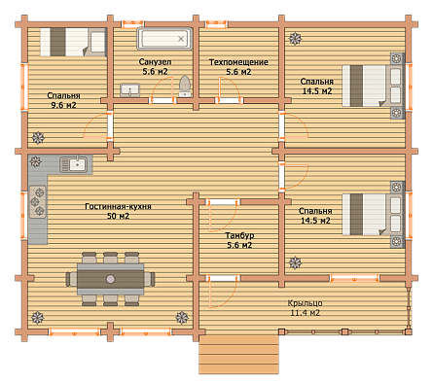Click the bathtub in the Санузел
[x=164, y=39]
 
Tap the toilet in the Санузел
[x=185, y=86]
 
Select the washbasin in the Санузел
[x=130, y=89]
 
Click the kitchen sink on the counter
[x=74, y=164]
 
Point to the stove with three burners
[x=38, y=202]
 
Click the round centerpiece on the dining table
[x=111, y=279]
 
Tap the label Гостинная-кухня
[x=118, y=206]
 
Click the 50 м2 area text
[x=118, y=216]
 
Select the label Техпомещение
[x=238, y=62]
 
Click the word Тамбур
[x=239, y=235]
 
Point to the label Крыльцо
[x=305, y=303]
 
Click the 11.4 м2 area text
[x=305, y=313]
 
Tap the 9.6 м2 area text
[x=63, y=105]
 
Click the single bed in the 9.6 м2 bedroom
[x=73, y=42]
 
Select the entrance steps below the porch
[x=238, y=354]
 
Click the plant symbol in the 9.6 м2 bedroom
[x=38, y=138]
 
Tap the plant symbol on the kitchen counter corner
[x=35, y=161]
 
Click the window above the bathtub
[x=133, y=24]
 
